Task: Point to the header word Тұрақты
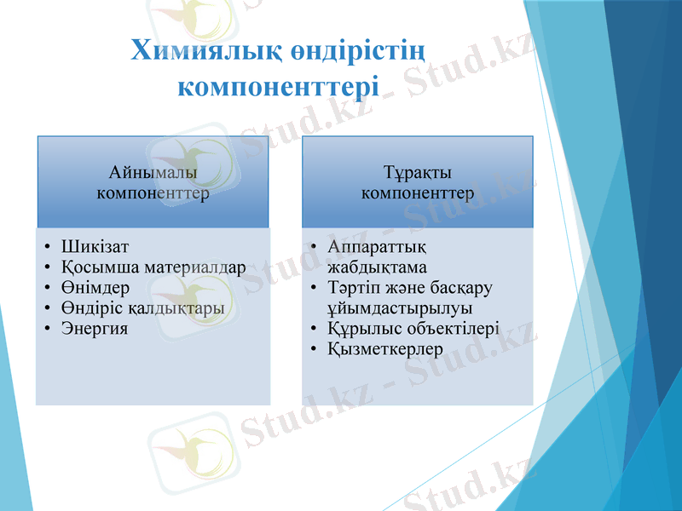tap(418, 173)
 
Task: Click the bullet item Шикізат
tap(95, 247)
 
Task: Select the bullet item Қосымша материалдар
tap(153, 267)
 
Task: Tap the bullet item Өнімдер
tap(95, 288)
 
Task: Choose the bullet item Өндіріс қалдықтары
tap(142, 307)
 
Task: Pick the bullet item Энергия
tap(95, 328)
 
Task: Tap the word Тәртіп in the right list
tap(351, 287)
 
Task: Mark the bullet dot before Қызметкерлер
tap(315, 349)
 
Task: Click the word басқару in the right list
tap(467, 287)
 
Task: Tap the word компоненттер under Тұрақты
tap(418, 193)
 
